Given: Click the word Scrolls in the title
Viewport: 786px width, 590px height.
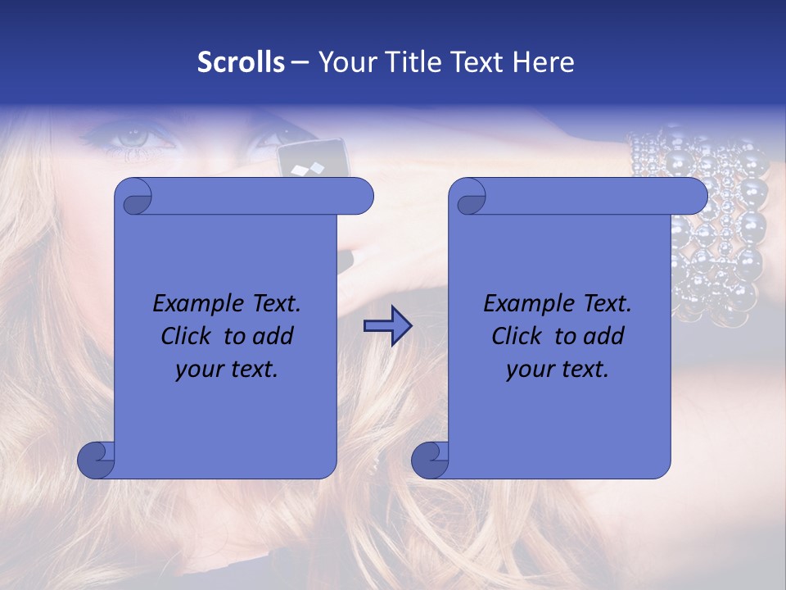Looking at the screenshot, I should (241, 62).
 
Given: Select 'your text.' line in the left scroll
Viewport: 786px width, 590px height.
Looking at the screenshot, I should (227, 370).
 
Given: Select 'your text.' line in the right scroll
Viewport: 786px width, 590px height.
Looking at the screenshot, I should (558, 370).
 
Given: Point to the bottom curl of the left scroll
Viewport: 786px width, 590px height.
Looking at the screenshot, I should (97, 461).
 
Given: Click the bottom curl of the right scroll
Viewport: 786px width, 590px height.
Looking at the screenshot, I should (430, 461).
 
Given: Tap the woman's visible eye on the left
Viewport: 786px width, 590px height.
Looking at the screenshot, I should (131, 138).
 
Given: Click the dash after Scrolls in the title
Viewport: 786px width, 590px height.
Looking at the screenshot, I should (299, 62).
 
